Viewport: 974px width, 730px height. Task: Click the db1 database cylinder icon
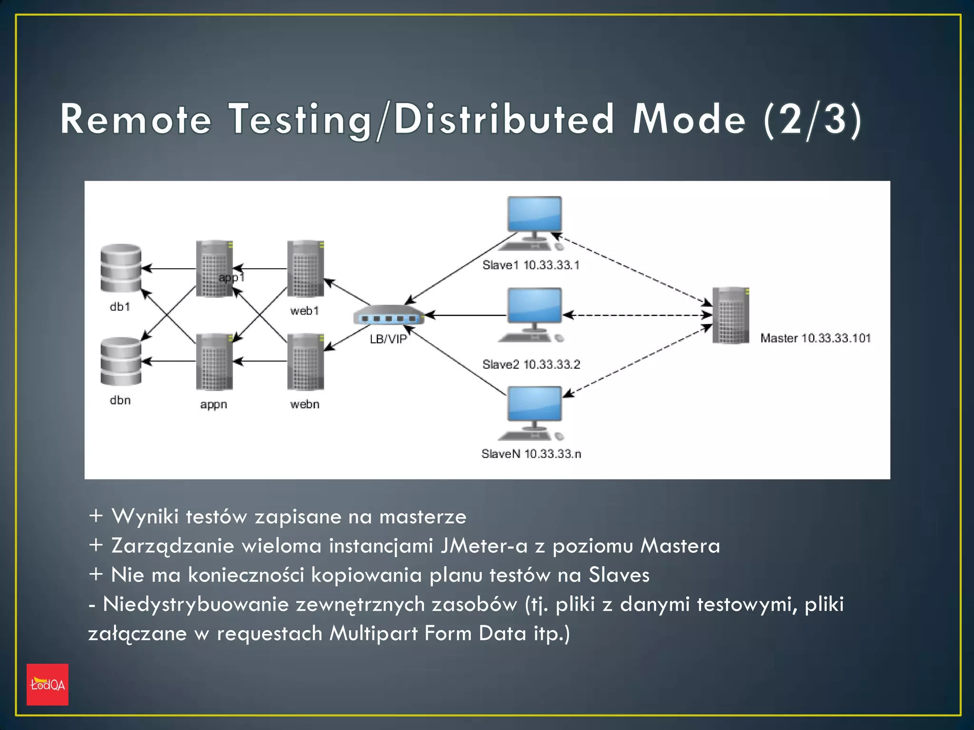click(121, 268)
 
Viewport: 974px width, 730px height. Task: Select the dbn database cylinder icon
click(121, 361)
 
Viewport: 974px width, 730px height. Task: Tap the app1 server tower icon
click(214, 269)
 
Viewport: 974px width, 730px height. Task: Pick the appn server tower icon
click(214, 362)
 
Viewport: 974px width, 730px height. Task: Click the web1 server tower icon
click(305, 269)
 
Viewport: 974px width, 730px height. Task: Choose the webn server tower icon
click(305, 362)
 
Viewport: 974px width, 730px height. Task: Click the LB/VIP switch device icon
click(388, 316)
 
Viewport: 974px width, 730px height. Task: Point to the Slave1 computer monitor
click(535, 215)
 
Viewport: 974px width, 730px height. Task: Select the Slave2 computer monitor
click(535, 306)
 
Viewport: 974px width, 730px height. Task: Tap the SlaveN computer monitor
click(535, 404)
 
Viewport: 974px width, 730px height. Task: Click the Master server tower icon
click(730, 315)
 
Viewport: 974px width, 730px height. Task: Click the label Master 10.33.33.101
click(815, 338)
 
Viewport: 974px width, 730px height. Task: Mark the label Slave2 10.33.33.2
click(531, 365)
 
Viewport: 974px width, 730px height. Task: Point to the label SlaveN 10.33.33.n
click(531, 454)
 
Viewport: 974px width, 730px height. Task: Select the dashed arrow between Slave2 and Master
click(637, 315)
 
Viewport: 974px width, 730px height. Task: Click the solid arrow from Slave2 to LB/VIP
click(466, 315)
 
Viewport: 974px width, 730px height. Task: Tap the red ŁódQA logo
click(48, 684)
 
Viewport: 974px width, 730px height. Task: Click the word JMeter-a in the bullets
click(484, 546)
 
